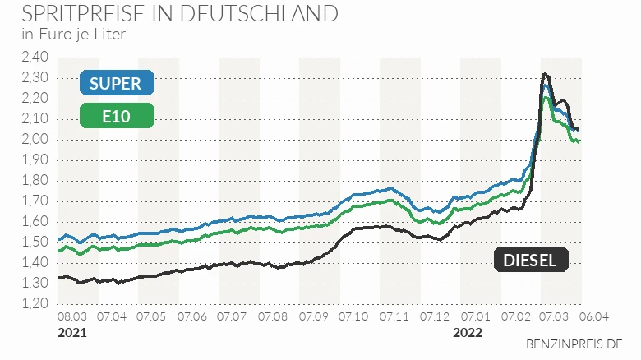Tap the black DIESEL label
click(530, 260)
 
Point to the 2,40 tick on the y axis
click(36, 57)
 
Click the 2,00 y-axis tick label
click(36, 139)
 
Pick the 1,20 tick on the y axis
click(36, 303)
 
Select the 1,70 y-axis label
click(36, 201)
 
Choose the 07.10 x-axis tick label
click(354, 316)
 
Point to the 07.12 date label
click(435, 316)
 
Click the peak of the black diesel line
click(545, 74)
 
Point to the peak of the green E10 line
click(546, 98)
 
